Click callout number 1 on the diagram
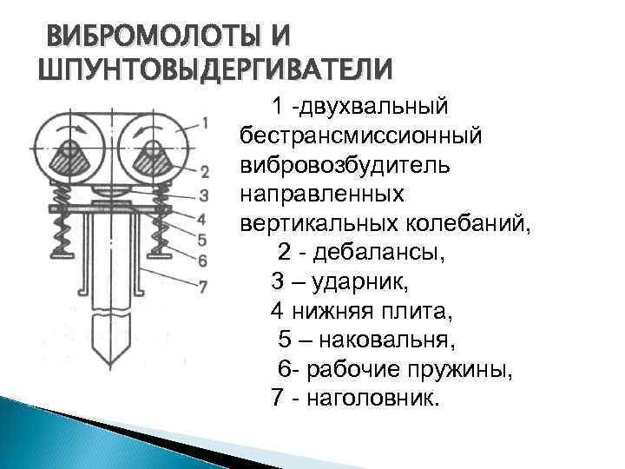pos(204,122)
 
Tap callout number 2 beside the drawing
pos(204,171)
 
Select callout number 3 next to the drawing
pos(204,194)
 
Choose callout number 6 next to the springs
pos(204,260)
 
